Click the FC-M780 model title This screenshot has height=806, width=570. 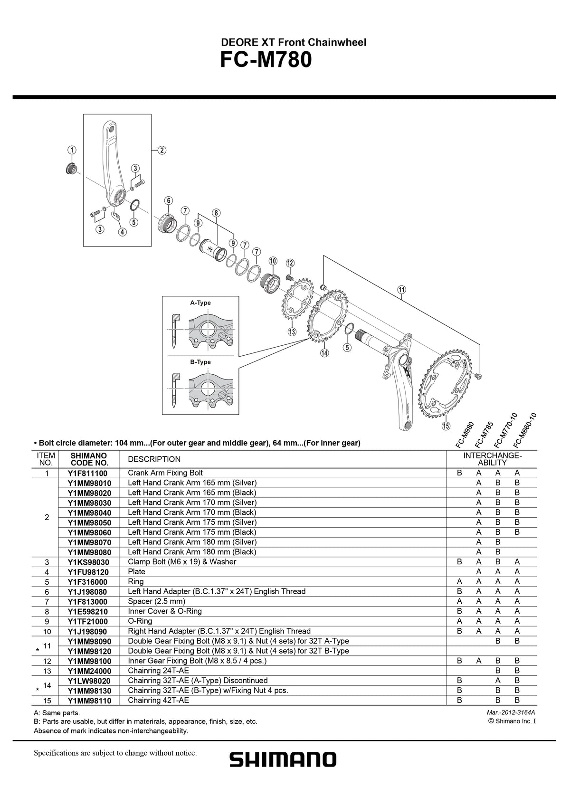coord(266,61)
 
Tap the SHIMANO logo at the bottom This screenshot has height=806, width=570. coord(283,759)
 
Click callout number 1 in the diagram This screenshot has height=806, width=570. coord(71,150)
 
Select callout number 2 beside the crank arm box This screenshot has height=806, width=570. coord(161,150)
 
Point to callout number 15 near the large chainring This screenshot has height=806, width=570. coord(446,426)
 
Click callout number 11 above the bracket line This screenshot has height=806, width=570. coord(402,290)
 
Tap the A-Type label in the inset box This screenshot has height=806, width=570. coord(200,303)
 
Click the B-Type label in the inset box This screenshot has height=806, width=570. coord(200,362)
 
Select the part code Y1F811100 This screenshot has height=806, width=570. coord(87,473)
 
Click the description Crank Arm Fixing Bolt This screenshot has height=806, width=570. coord(165,473)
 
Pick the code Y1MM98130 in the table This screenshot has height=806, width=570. coord(89,691)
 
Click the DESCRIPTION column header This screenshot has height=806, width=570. coord(154,459)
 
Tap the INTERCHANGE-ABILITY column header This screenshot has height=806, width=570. coord(492,459)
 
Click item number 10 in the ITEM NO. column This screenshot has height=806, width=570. coord(47,631)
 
